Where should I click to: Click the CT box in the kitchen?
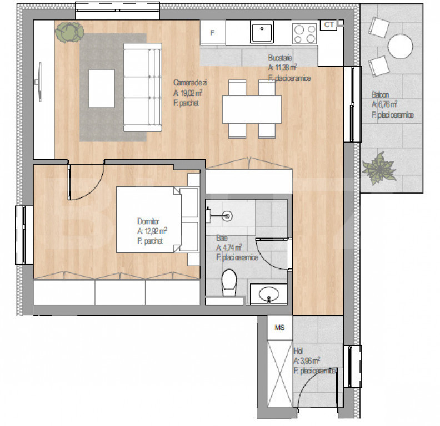pyautogui.click(x=329, y=24)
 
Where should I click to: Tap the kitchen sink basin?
pyautogui.click(x=261, y=32)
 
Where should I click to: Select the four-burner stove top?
pyautogui.click(x=304, y=33)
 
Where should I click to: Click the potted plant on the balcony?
pyautogui.click(x=379, y=167)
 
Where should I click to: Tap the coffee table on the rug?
pyautogui.click(x=102, y=88)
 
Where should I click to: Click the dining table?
pyautogui.click(x=252, y=109)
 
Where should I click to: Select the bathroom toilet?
pyautogui.click(x=228, y=282)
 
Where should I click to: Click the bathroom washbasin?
pyautogui.click(x=269, y=293)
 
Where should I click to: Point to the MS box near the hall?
pyautogui.click(x=279, y=327)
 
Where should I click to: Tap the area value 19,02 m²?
pyautogui.click(x=187, y=93)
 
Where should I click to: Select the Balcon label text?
pyautogui.click(x=381, y=94)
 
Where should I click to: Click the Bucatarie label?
pyautogui.click(x=280, y=58)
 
